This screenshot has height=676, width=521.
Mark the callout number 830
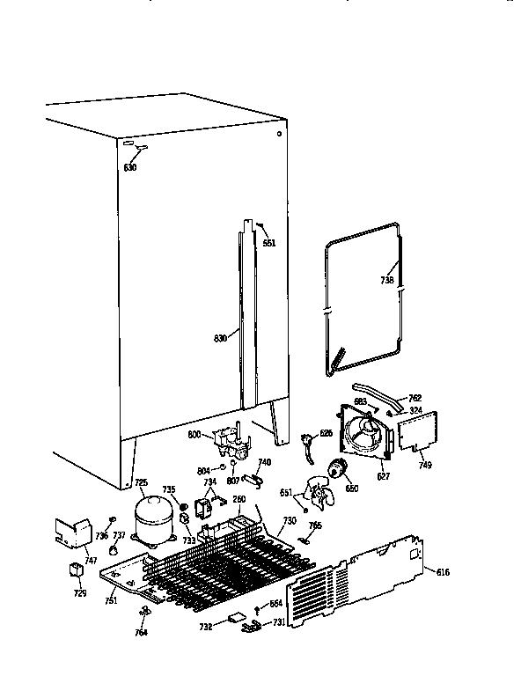coord(221,337)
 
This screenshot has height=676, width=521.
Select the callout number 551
coord(268,243)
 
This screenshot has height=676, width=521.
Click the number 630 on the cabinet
coord(130,167)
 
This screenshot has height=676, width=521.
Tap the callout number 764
coord(142,632)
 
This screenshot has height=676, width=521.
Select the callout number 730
coord(290,521)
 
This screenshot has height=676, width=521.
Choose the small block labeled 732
coord(236,619)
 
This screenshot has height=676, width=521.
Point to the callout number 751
coord(110,601)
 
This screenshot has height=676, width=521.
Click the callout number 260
coord(238,500)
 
